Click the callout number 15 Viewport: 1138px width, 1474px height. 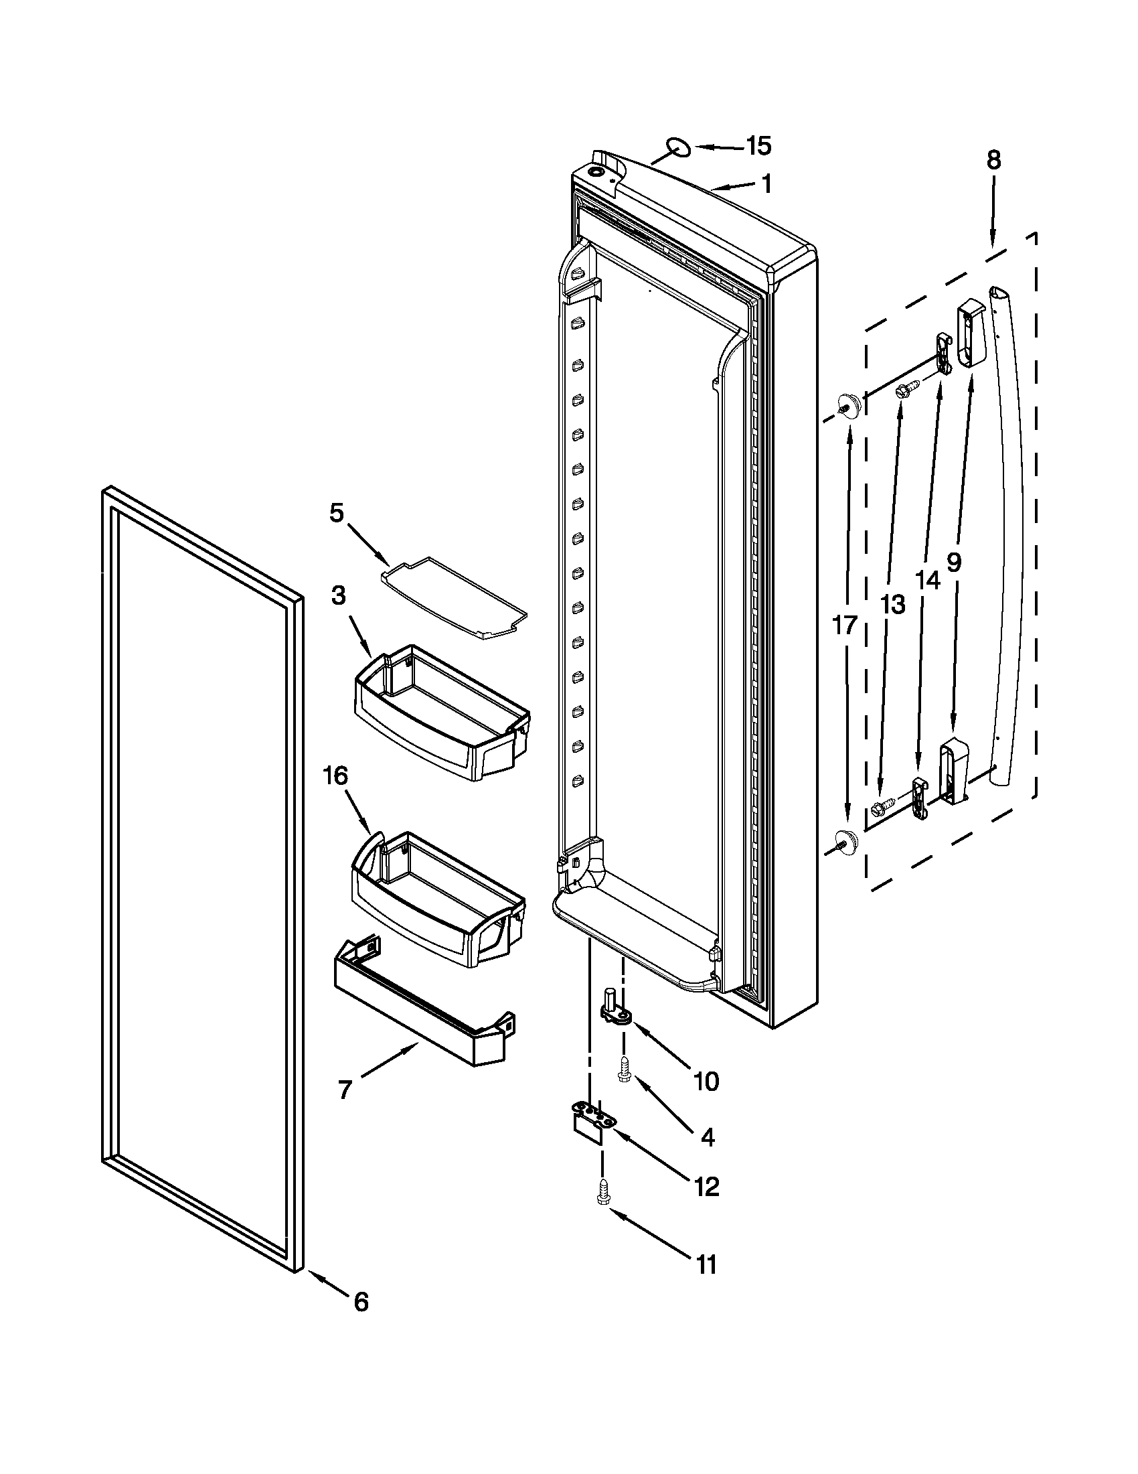(758, 146)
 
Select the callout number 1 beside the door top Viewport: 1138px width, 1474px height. (766, 183)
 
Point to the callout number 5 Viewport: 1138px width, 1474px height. (336, 513)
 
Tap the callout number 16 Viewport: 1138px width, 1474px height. (335, 776)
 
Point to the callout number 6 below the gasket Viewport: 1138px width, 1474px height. (361, 1301)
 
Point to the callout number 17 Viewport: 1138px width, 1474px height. (845, 625)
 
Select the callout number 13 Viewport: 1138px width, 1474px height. (892, 605)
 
